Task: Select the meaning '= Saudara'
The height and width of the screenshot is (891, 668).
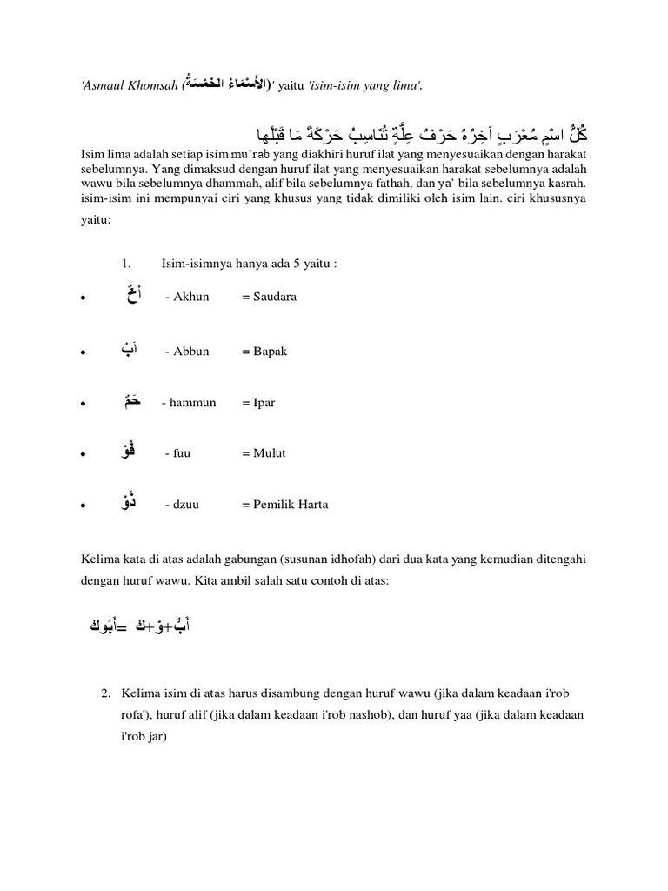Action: click(269, 297)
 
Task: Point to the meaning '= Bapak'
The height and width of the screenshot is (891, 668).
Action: click(264, 352)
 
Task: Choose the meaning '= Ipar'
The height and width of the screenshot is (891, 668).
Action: click(258, 403)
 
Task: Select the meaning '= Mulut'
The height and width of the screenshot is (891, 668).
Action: click(264, 453)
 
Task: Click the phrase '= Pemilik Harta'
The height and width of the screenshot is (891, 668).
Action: click(285, 505)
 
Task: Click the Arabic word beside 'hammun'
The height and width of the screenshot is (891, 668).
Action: click(130, 400)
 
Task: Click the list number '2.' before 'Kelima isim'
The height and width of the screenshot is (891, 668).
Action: click(104, 693)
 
